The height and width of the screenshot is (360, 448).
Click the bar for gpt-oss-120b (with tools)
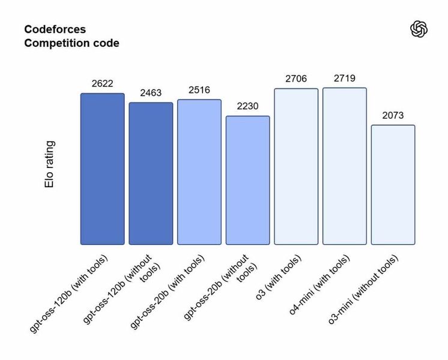coord(103,169)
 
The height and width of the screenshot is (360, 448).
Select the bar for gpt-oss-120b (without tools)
coord(151,173)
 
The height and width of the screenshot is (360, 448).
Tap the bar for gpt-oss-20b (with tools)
coord(199,172)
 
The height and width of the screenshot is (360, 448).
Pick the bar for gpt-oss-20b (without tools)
coord(247,180)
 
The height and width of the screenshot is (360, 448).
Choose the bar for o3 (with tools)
coord(296,166)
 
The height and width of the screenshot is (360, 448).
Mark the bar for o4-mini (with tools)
coord(344,166)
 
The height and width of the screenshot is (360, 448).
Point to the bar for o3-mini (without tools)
coord(393,185)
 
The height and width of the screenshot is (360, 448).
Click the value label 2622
coord(103,83)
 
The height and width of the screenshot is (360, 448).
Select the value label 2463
coord(151,93)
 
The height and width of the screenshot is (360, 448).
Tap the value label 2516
coord(199,90)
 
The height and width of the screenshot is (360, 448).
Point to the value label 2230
coord(247,106)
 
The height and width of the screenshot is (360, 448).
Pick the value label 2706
coord(296,79)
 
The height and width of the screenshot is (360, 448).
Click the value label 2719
coord(344,78)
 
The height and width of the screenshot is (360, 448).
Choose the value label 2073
coord(393,115)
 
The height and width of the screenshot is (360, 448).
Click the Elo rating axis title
coord(50,164)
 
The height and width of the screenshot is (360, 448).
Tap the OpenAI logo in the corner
coord(419,29)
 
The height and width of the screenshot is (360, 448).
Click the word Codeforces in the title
coord(55,29)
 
